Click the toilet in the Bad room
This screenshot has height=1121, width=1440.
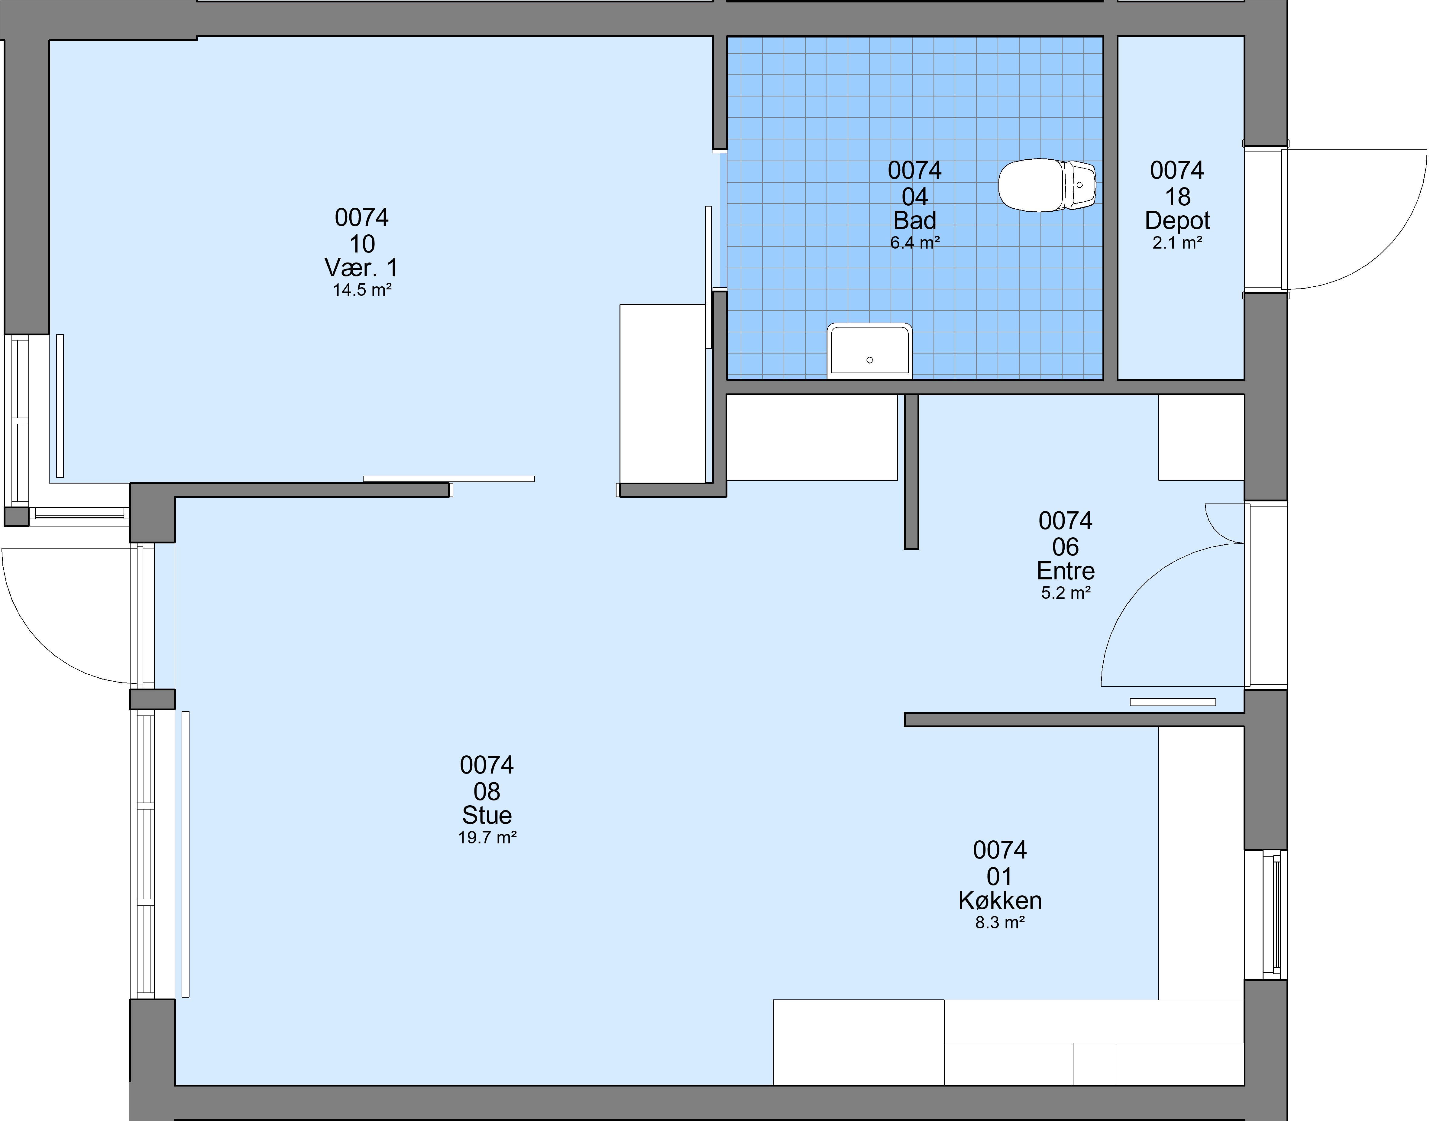click(1047, 185)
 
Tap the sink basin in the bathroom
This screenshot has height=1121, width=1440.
click(870, 351)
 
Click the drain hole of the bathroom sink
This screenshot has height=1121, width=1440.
click(870, 360)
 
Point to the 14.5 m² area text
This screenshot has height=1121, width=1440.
click(362, 290)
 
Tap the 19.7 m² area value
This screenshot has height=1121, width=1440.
click(487, 837)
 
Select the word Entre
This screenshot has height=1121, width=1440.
click(1066, 571)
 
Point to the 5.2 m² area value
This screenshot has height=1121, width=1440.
click(1066, 592)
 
